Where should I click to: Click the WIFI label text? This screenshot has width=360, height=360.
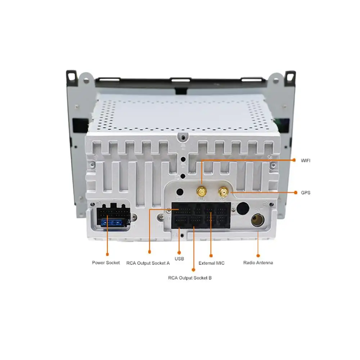pos(305,161)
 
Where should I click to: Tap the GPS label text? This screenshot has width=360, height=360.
pos(305,193)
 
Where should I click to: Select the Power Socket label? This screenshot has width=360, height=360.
pos(106,263)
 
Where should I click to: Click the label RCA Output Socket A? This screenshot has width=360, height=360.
pos(148,263)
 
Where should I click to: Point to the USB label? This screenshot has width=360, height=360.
pos(179,259)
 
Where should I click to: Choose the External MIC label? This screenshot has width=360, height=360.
pos(211,263)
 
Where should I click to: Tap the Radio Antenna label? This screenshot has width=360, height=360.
pos(258,263)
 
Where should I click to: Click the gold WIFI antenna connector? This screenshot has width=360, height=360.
pos(201,191)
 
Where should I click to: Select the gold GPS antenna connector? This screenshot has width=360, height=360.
pos(223,191)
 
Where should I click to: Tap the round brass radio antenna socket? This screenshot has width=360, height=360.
pos(258,220)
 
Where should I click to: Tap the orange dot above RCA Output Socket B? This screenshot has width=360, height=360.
pos(193,269)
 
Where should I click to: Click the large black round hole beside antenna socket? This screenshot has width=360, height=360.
pos(243,208)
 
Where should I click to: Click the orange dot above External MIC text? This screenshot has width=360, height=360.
pos(211,255)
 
